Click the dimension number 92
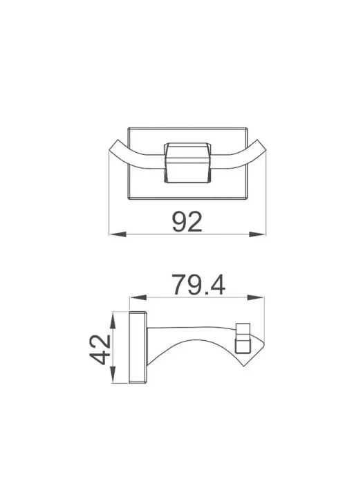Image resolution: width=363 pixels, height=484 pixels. [187, 222]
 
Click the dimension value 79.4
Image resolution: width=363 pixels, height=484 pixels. [199, 285]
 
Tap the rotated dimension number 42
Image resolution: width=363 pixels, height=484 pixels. [100, 349]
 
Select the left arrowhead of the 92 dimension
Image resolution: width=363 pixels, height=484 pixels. [118, 234]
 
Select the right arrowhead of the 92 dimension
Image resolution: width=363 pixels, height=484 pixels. [257, 234]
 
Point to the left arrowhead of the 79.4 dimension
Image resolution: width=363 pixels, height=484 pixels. [138, 297]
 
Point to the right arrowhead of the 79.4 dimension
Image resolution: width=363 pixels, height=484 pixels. [256, 297]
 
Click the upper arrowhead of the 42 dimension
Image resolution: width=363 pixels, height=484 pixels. [113, 320]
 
